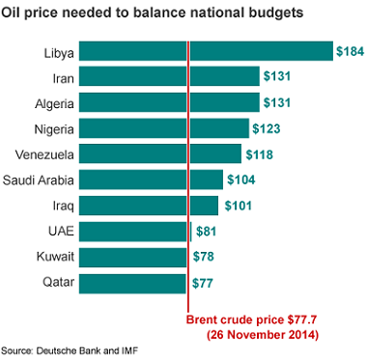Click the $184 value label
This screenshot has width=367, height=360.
tap(349, 50)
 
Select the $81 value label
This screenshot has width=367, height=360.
tap(208, 231)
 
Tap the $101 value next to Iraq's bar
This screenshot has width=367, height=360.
tap(238, 206)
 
